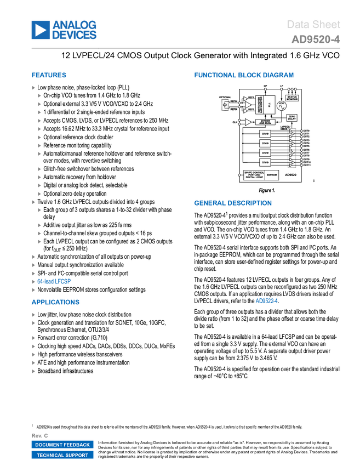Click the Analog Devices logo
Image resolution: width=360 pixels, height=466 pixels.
point(64,30)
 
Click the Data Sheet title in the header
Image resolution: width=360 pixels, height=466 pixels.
point(314,25)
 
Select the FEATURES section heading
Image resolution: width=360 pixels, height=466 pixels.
point(49,76)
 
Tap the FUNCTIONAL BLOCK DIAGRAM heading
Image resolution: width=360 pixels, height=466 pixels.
point(244,75)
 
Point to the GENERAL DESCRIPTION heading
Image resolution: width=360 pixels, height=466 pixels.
point(232,203)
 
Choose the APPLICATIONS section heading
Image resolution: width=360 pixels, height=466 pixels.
point(55,302)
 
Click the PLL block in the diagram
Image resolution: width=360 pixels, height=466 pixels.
point(270,104)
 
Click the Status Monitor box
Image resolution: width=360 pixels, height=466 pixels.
point(292,98)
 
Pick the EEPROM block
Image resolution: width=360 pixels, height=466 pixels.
point(272,175)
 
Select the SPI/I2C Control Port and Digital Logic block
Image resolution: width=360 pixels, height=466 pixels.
point(254,175)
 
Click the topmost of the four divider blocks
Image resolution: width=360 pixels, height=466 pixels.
point(265,134)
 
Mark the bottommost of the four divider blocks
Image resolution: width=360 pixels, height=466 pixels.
point(265,162)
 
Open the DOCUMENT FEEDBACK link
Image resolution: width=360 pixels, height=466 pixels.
point(62,445)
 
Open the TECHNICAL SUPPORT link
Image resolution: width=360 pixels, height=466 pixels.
point(62,455)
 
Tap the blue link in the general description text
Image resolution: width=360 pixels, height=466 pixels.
point(267,300)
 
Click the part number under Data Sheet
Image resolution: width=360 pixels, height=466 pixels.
point(316,40)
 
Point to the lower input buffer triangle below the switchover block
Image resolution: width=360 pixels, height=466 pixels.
point(248,122)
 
